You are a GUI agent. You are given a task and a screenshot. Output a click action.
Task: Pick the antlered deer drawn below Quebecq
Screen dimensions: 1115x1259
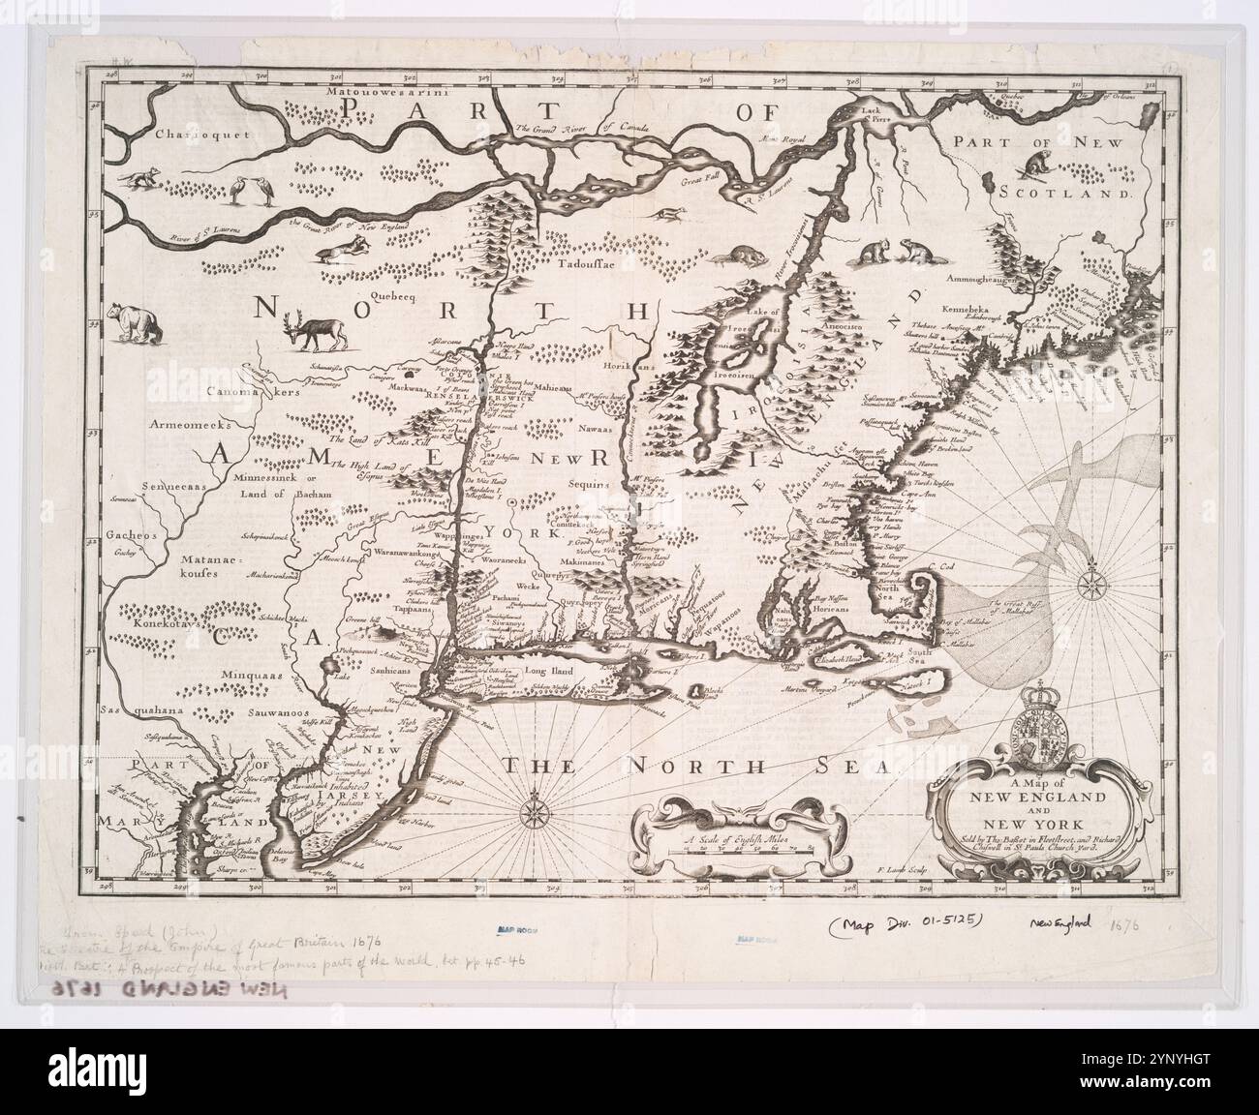(309, 336)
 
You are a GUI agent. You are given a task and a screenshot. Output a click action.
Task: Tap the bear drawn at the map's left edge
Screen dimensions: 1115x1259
(130, 322)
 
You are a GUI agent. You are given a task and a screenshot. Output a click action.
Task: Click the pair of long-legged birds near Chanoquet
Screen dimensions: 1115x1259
(245, 190)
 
